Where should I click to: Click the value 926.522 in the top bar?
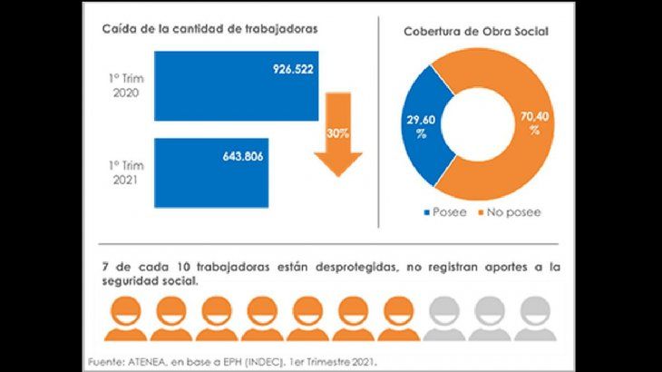[292, 69]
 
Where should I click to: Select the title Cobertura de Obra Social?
[476, 32]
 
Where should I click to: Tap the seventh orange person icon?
[398, 318]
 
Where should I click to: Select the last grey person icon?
[538, 318]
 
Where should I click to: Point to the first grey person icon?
[444, 318]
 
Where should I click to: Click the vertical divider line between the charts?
[377, 118]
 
